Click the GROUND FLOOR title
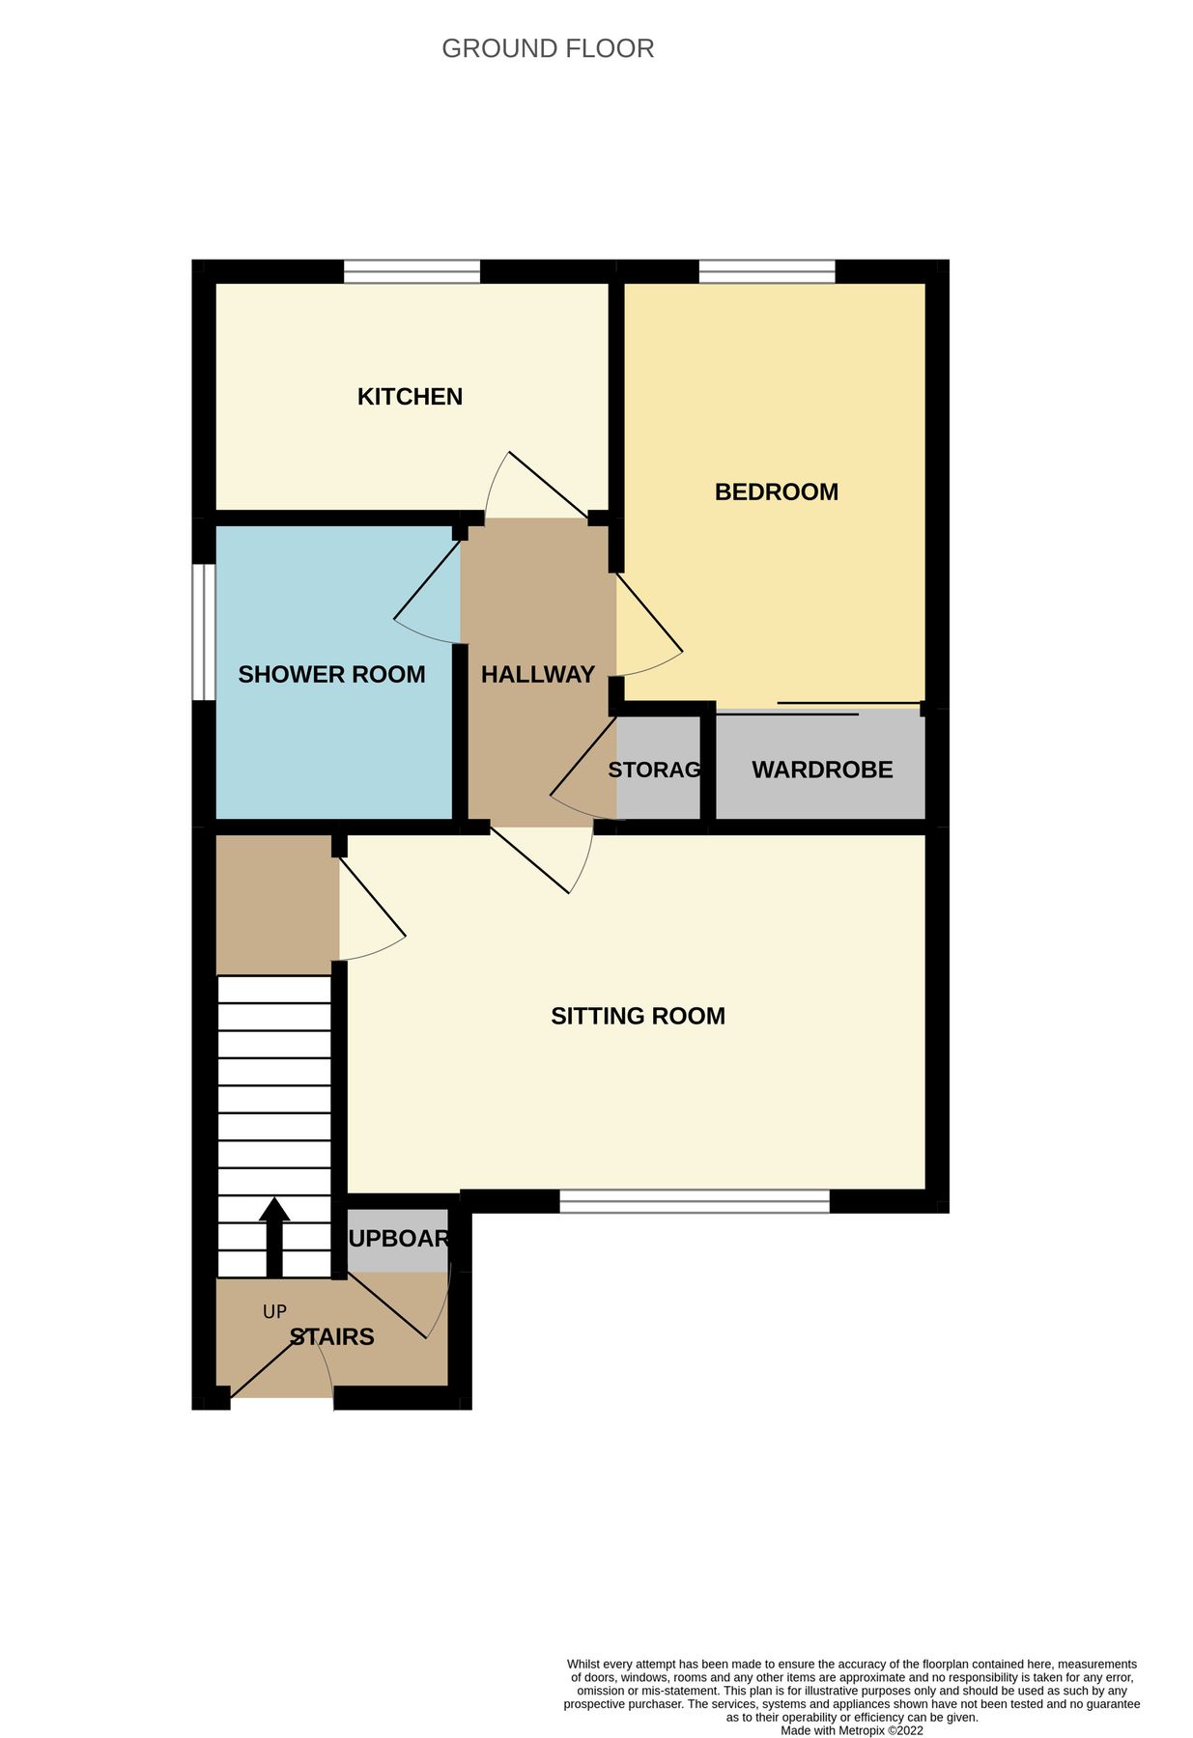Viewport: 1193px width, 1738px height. (x=548, y=48)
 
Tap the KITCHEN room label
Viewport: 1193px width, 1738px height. (x=410, y=397)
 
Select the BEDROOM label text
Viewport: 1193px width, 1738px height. (x=776, y=492)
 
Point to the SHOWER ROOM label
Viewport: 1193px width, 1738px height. (x=331, y=675)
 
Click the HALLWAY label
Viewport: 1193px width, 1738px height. (x=537, y=675)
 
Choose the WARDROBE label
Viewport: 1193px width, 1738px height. (x=822, y=771)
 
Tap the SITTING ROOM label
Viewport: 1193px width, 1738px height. (x=638, y=1017)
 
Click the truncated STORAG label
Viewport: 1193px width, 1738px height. (x=654, y=771)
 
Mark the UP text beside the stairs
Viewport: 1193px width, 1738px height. (x=274, y=1312)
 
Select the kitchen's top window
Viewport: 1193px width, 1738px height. (x=412, y=271)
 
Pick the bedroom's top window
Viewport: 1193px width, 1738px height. (x=767, y=271)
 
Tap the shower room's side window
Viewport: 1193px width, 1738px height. (x=203, y=631)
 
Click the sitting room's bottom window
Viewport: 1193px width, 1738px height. (x=694, y=1201)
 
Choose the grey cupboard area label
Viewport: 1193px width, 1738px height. (x=398, y=1239)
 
